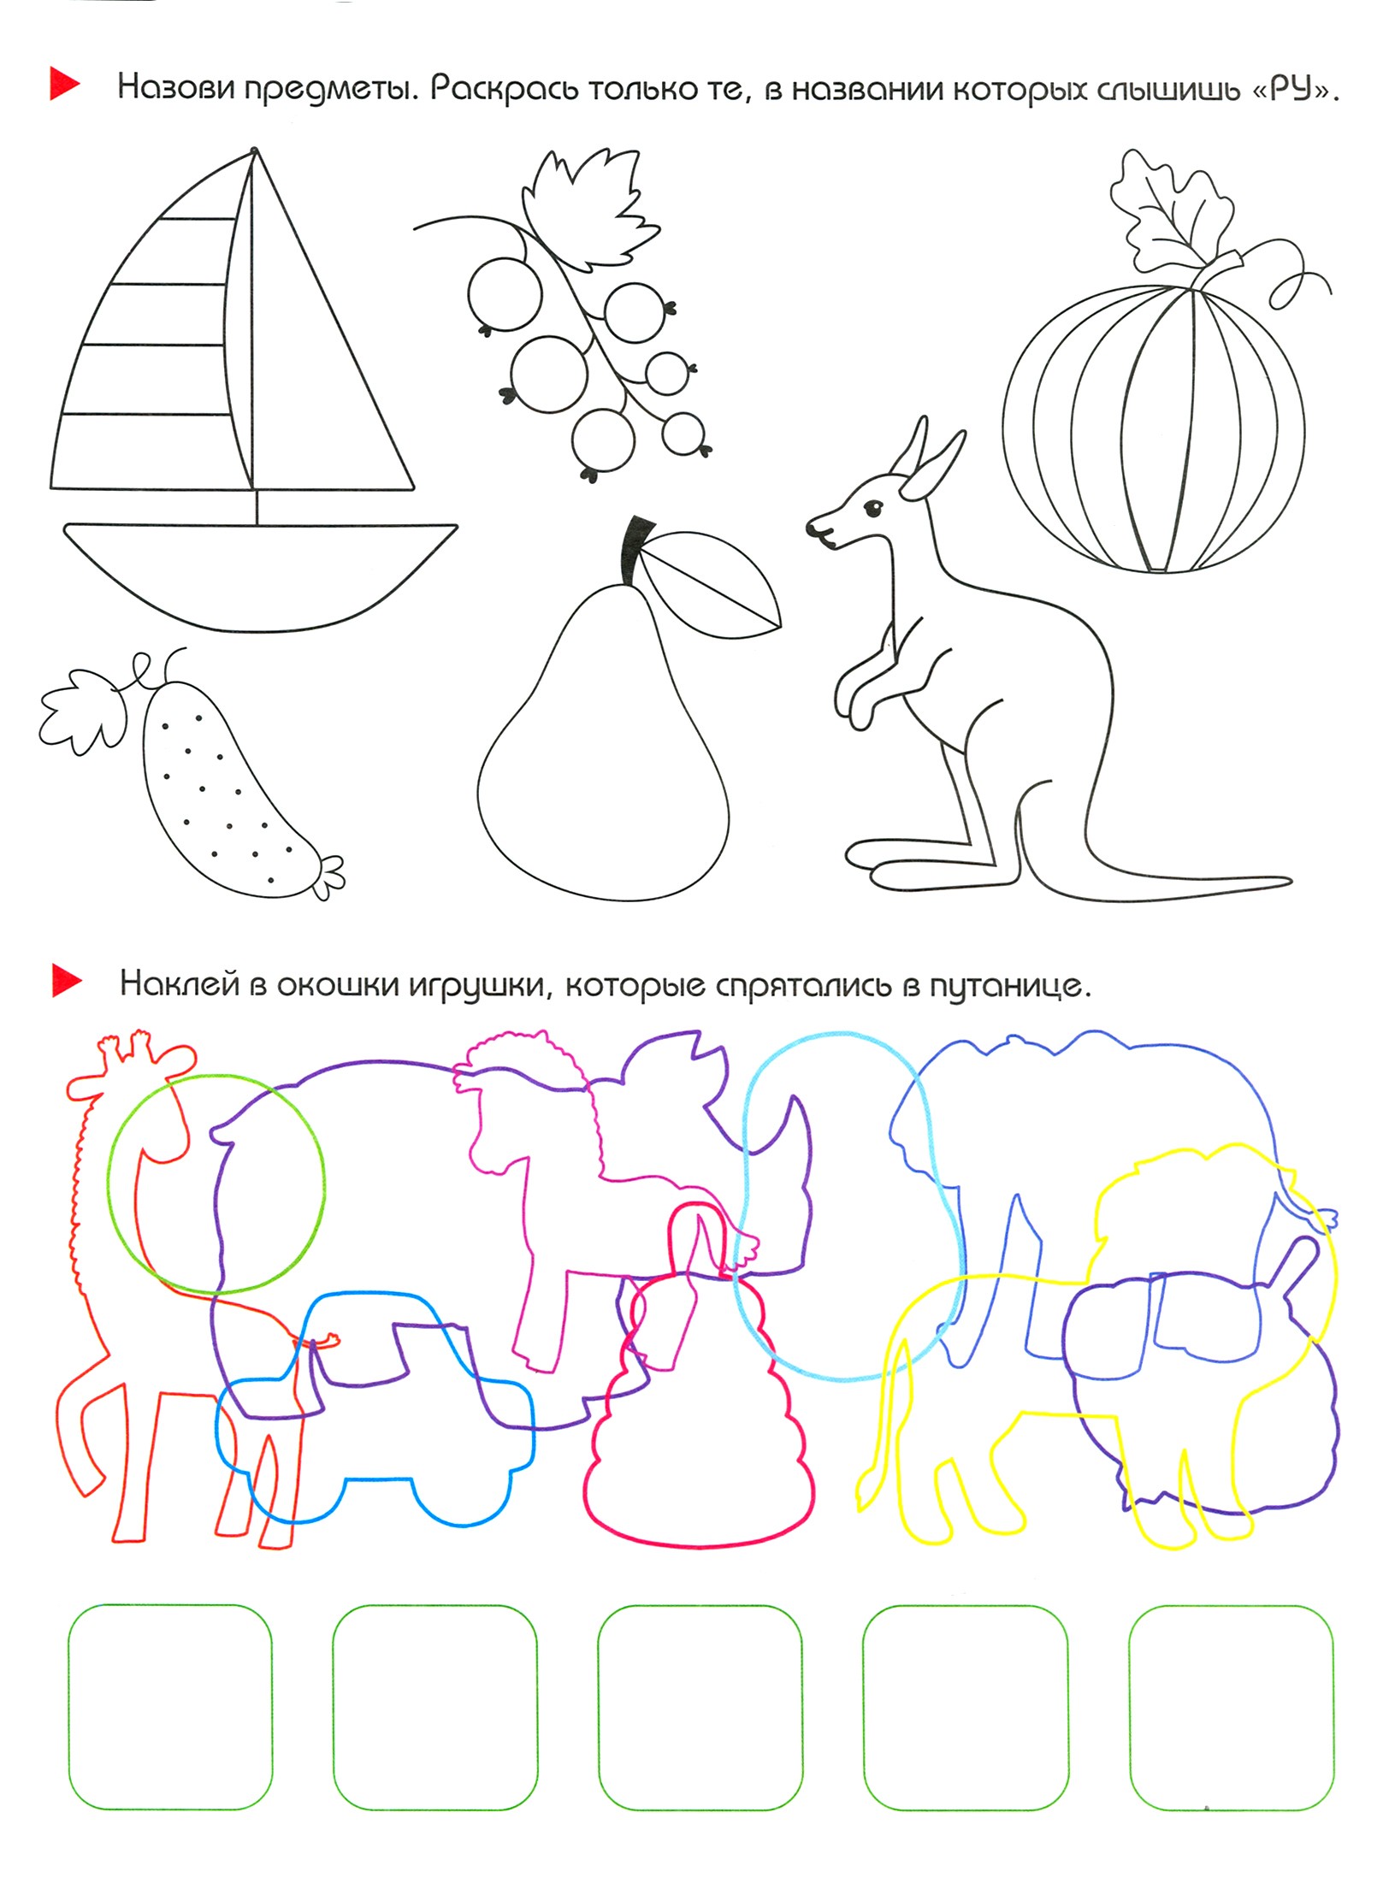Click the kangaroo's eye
(872, 510)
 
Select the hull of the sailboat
(260, 576)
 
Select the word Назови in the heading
(174, 87)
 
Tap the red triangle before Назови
(65, 84)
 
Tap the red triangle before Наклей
(67, 981)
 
